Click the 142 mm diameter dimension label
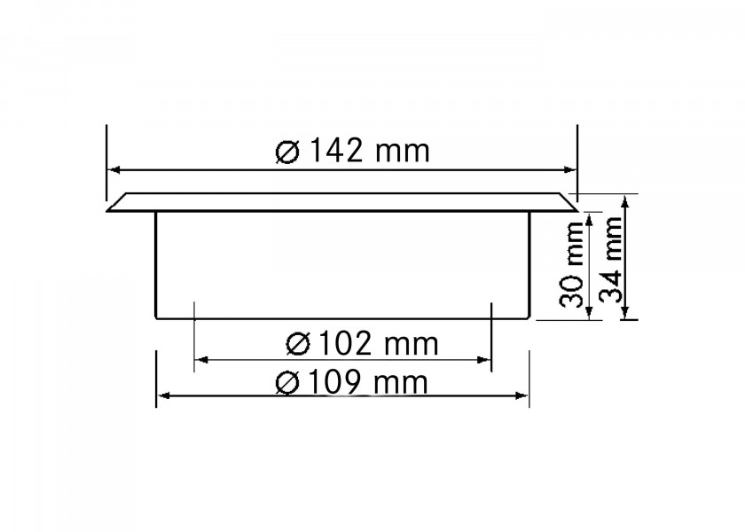[x=353, y=151]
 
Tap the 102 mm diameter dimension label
[x=362, y=343]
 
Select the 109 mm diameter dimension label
[x=351, y=382]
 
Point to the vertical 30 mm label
[x=571, y=264]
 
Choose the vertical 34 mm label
[x=610, y=259]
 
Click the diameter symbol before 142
[x=288, y=152]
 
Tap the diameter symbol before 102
[x=298, y=344]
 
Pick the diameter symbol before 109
[x=287, y=383]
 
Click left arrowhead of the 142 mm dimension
[x=114, y=169]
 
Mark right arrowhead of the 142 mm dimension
[x=570, y=169]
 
